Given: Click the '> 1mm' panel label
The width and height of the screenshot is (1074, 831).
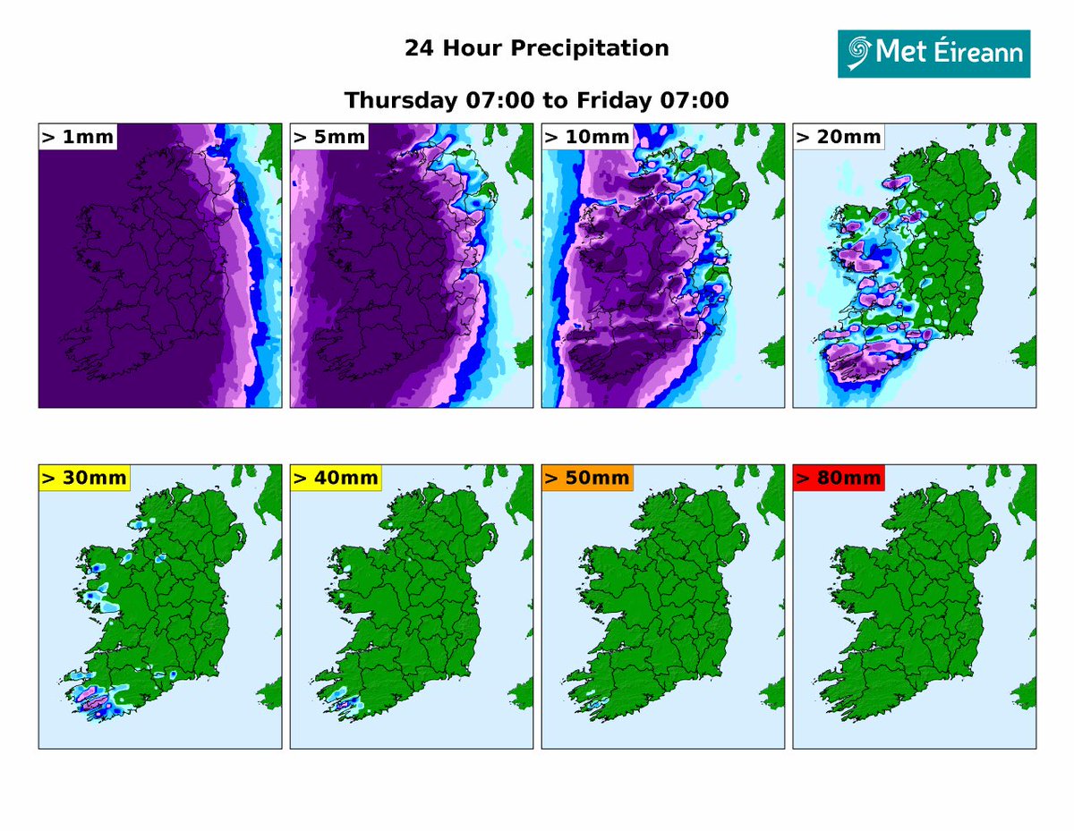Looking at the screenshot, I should tap(77, 137).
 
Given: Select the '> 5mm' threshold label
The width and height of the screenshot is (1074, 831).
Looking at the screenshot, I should tap(329, 137).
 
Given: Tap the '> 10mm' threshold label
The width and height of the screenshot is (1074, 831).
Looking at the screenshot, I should tap(585, 137).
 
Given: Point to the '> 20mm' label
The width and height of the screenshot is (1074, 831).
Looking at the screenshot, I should tap(838, 137).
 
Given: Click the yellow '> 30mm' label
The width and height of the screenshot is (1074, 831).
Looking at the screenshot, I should tap(84, 479).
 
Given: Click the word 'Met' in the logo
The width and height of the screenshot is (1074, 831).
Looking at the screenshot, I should tap(900, 53).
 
